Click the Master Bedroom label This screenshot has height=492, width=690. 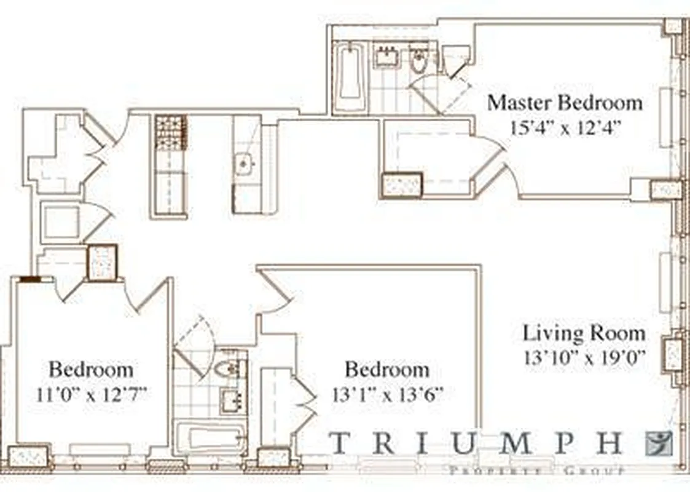[x=564, y=102]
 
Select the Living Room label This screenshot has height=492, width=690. [x=584, y=333]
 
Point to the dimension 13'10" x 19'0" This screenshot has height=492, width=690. [x=583, y=359]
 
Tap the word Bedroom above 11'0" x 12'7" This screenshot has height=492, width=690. [x=91, y=370]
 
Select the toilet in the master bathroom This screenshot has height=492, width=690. [x=419, y=61]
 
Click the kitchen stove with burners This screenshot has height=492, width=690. [x=171, y=132]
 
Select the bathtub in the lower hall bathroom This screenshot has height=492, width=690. [x=210, y=438]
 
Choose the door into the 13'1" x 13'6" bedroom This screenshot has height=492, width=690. [x=273, y=292]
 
